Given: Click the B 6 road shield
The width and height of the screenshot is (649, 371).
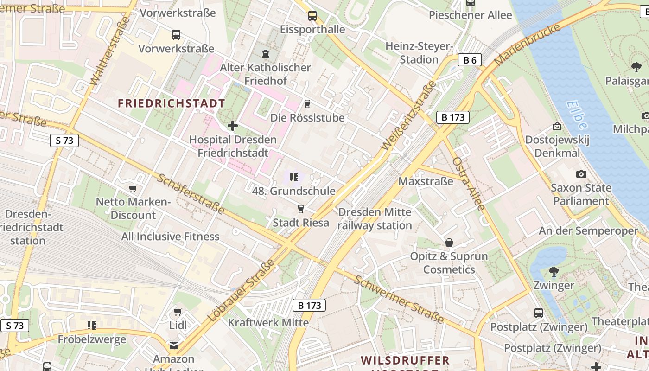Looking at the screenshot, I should tap(470, 60).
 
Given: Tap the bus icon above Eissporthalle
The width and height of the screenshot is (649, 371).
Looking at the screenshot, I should tap(312, 16).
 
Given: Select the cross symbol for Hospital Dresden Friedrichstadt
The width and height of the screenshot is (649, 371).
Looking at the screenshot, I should tap(233, 125).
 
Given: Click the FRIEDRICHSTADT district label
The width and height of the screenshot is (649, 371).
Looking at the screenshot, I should tap(172, 103).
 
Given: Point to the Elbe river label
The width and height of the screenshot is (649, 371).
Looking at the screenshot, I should tap(577, 115).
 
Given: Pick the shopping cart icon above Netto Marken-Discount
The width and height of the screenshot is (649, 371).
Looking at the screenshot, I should tap(133, 188).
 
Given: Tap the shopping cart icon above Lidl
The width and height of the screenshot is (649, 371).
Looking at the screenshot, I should tap(178, 312).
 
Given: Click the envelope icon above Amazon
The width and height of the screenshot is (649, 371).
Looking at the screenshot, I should tap(174, 345).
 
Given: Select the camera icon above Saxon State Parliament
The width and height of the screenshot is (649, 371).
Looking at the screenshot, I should tap(581, 174).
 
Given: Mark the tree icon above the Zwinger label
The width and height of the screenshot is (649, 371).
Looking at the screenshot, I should tap(554, 271).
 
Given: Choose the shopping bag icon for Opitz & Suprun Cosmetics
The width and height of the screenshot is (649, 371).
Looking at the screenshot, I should tap(449, 243).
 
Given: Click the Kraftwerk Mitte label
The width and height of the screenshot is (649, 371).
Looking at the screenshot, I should tap(268, 322).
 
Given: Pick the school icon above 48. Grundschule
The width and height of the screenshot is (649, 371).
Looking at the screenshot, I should tap(293, 177).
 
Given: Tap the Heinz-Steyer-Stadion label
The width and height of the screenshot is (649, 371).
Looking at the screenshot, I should tap(419, 53).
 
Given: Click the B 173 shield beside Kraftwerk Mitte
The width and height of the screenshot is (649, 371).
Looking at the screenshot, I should tap(309, 305).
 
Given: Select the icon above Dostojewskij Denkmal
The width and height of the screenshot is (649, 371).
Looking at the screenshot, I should tap(557, 126).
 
